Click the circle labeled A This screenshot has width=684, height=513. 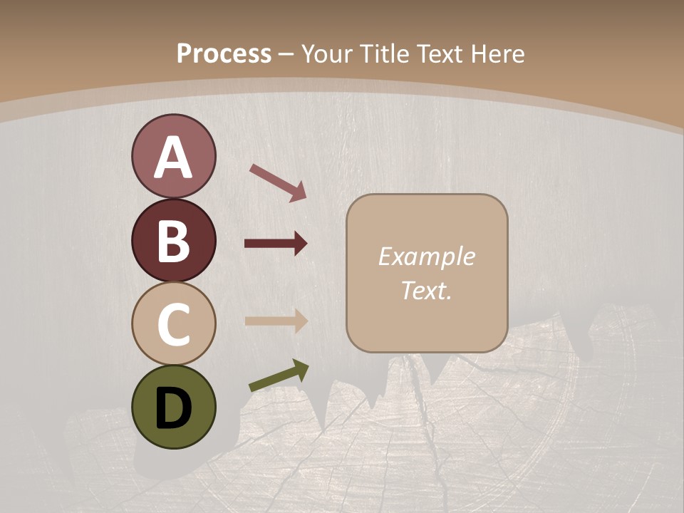click(173, 157)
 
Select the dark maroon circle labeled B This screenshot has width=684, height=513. click(173, 240)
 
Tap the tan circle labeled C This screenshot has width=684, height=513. click(173, 323)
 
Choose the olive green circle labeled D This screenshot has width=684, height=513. click(173, 407)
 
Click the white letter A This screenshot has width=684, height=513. click(173, 157)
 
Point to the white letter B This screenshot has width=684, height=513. click(173, 241)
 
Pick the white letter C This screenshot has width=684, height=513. click(173, 324)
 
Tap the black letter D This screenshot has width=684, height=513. click(173, 408)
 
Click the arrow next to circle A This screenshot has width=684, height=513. click(277, 182)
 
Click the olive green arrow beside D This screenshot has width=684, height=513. click(278, 376)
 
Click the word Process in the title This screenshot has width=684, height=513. click(224, 53)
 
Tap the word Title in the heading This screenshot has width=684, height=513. click(385, 53)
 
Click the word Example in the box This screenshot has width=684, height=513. click(426, 256)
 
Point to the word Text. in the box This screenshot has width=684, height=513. click(426, 290)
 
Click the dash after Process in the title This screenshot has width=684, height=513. click(286, 54)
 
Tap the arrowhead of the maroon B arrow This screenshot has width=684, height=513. click(300, 244)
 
